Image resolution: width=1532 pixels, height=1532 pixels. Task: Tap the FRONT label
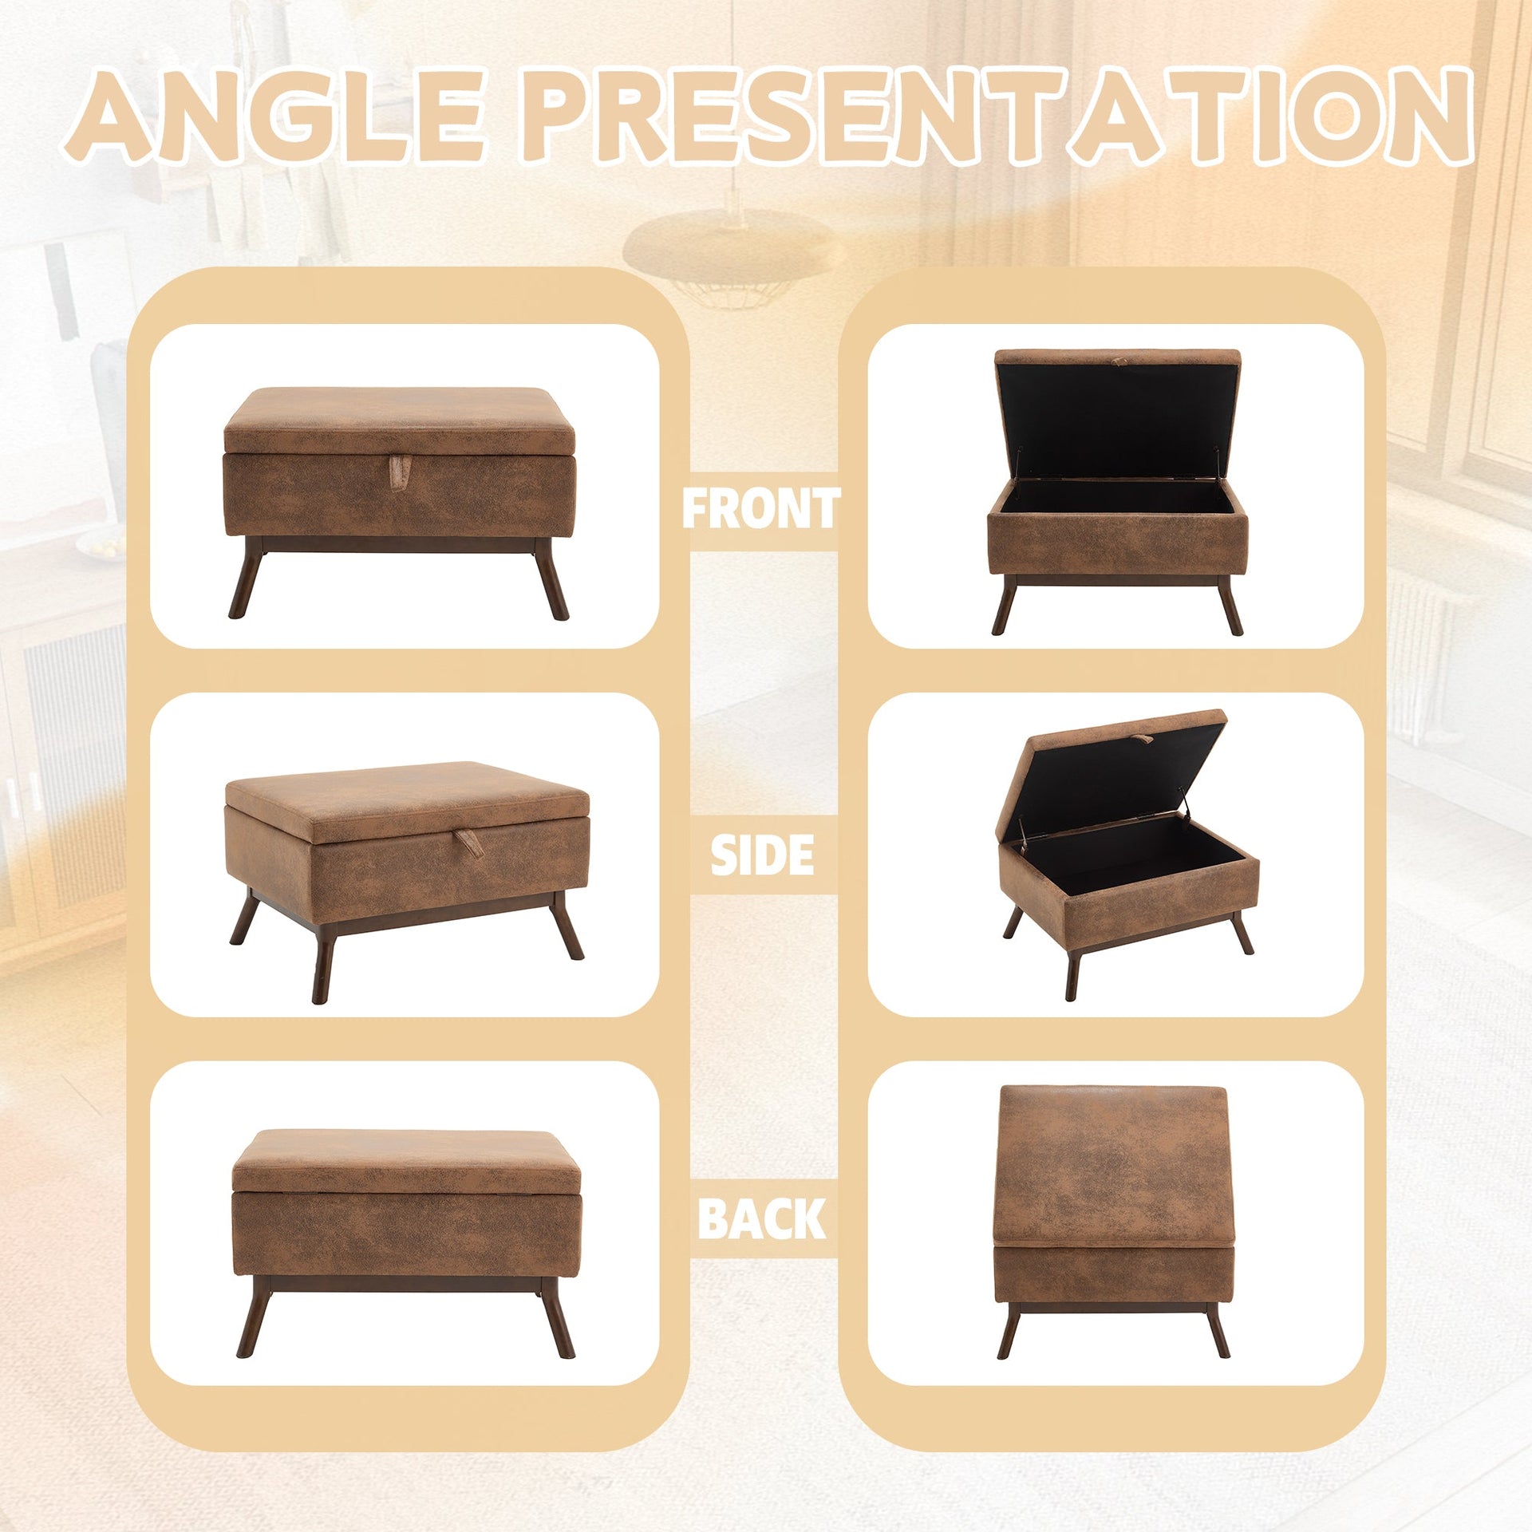pos(761,509)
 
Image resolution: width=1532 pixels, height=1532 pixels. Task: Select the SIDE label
pos(762,855)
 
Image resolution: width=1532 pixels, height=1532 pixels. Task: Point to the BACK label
pos(761,1219)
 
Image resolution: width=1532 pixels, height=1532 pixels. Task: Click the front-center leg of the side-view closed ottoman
pos(322,961)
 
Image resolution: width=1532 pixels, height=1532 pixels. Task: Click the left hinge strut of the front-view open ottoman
pos(1021,463)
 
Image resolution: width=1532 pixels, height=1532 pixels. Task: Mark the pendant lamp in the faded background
pos(732,247)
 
